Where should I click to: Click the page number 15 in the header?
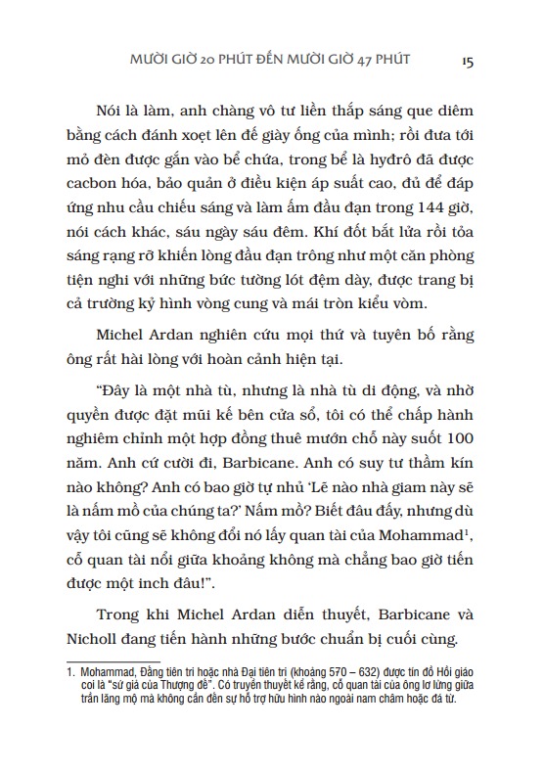[467, 60]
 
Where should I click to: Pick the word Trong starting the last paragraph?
[122, 615]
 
